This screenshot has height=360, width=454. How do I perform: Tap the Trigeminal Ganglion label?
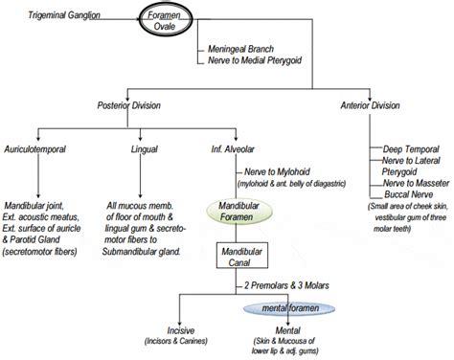coord(65,15)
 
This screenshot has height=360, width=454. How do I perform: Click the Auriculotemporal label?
coord(35,150)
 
